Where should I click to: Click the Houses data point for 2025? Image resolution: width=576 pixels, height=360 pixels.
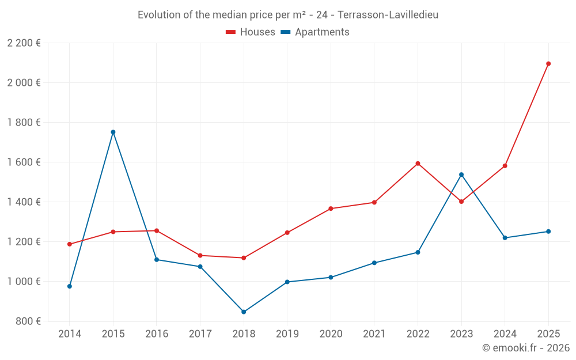pos(548,64)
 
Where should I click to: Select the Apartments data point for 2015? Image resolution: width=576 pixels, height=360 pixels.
pos(113,132)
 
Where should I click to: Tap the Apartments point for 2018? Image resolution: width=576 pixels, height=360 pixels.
pos(244,312)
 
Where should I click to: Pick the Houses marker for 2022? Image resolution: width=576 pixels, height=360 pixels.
pos(418,164)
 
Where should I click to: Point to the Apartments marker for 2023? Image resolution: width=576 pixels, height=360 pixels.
pos(461,175)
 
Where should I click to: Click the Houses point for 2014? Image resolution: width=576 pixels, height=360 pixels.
pos(70,244)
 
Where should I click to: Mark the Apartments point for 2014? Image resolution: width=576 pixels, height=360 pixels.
pos(70,286)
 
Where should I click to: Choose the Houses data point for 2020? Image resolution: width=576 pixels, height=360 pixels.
pos(331,209)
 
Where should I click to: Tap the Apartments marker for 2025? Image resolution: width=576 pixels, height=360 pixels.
pos(548,232)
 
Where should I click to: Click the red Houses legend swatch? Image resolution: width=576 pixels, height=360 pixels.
pos(231,32)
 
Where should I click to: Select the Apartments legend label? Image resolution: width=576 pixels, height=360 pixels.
pos(322,32)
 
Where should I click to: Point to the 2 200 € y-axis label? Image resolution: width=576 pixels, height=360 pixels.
pos(24,43)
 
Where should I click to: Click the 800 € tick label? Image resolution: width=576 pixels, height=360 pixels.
pos(29,321)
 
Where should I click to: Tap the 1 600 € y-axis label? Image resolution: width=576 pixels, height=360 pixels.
pos(24,162)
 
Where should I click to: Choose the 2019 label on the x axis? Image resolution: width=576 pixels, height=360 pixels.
pos(287,334)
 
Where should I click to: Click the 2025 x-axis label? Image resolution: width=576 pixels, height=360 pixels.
pos(548,334)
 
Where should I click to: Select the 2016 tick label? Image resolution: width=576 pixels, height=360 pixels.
pos(157,334)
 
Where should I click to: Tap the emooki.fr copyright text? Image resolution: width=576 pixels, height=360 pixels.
pos(526,348)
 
